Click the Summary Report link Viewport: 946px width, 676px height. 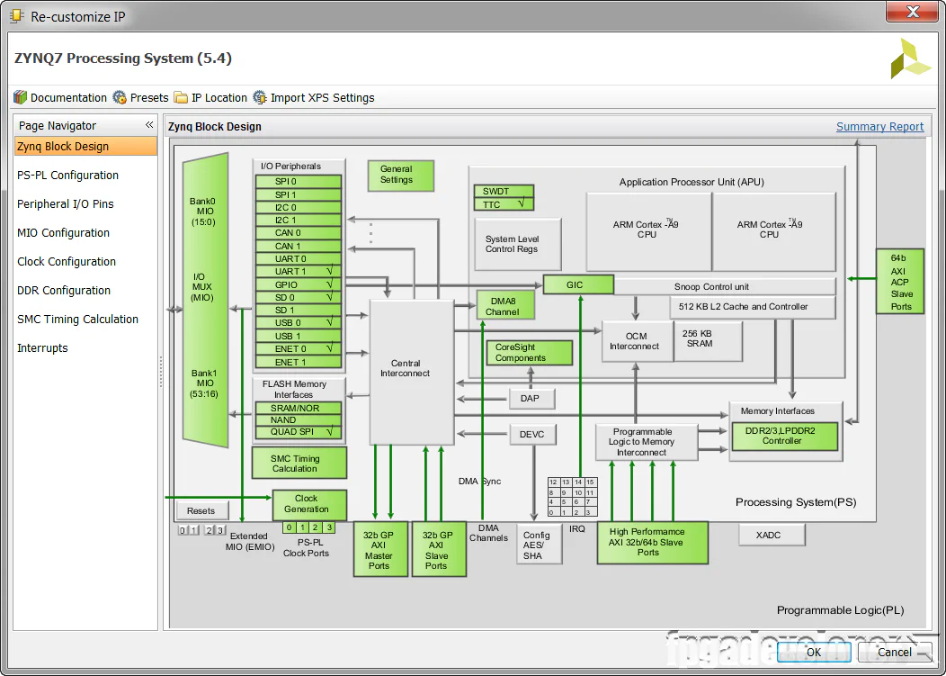click(x=879, y=127)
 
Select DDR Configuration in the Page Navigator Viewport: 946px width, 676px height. click(x=64, y=291)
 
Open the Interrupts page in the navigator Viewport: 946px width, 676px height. click(x=42, y=348)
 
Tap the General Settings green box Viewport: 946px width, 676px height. click(x=401, y=176)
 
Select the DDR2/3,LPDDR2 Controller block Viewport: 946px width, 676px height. click(x=784, y=437)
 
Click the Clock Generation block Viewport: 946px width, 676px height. click(x=308, y=504)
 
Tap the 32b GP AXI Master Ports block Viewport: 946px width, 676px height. click(x=380, y=549)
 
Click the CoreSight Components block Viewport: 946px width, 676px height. click(x=531, y=353)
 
